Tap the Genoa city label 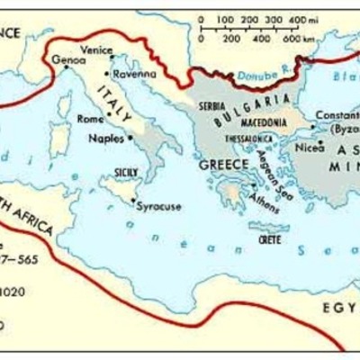(x=68, y=60)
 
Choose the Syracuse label (x=158, y=206)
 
